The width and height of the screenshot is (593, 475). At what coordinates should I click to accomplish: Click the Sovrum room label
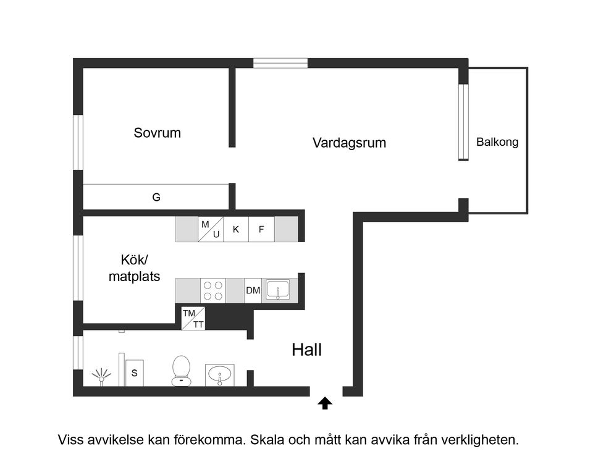(157, 133)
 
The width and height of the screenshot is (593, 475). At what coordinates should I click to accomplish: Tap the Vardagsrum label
(349, 143)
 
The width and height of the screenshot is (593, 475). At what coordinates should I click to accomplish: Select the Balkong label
(497, 142)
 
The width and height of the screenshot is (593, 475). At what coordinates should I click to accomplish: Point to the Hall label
(307, 350)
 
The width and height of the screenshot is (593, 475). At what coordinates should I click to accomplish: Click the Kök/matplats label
(134, 269)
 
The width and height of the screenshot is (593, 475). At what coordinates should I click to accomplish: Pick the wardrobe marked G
(156, 198)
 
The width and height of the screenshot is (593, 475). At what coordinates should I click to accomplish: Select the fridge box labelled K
(236, 229)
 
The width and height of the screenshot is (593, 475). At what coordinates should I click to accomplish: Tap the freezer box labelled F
(261, 229)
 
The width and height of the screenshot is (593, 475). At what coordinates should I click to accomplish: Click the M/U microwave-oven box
(211, 229)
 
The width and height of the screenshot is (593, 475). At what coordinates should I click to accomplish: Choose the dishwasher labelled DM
(253, 290)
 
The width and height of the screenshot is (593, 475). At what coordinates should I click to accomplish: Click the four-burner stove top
(213, 290)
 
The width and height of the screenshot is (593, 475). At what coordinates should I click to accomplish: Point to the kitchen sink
(278, 290)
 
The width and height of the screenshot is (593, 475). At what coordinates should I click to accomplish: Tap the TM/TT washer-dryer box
(193, 319)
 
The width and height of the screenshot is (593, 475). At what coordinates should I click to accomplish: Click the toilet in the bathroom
(181, 370)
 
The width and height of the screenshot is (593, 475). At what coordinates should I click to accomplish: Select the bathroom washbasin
(221, 374)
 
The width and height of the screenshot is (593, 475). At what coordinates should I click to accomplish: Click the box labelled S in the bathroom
(134, 373)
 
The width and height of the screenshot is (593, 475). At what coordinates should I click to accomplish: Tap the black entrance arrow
(325, 403)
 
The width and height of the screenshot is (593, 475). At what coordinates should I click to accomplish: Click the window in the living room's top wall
(280, 63)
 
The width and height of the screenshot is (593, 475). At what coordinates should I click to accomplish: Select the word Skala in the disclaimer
(267, 440)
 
